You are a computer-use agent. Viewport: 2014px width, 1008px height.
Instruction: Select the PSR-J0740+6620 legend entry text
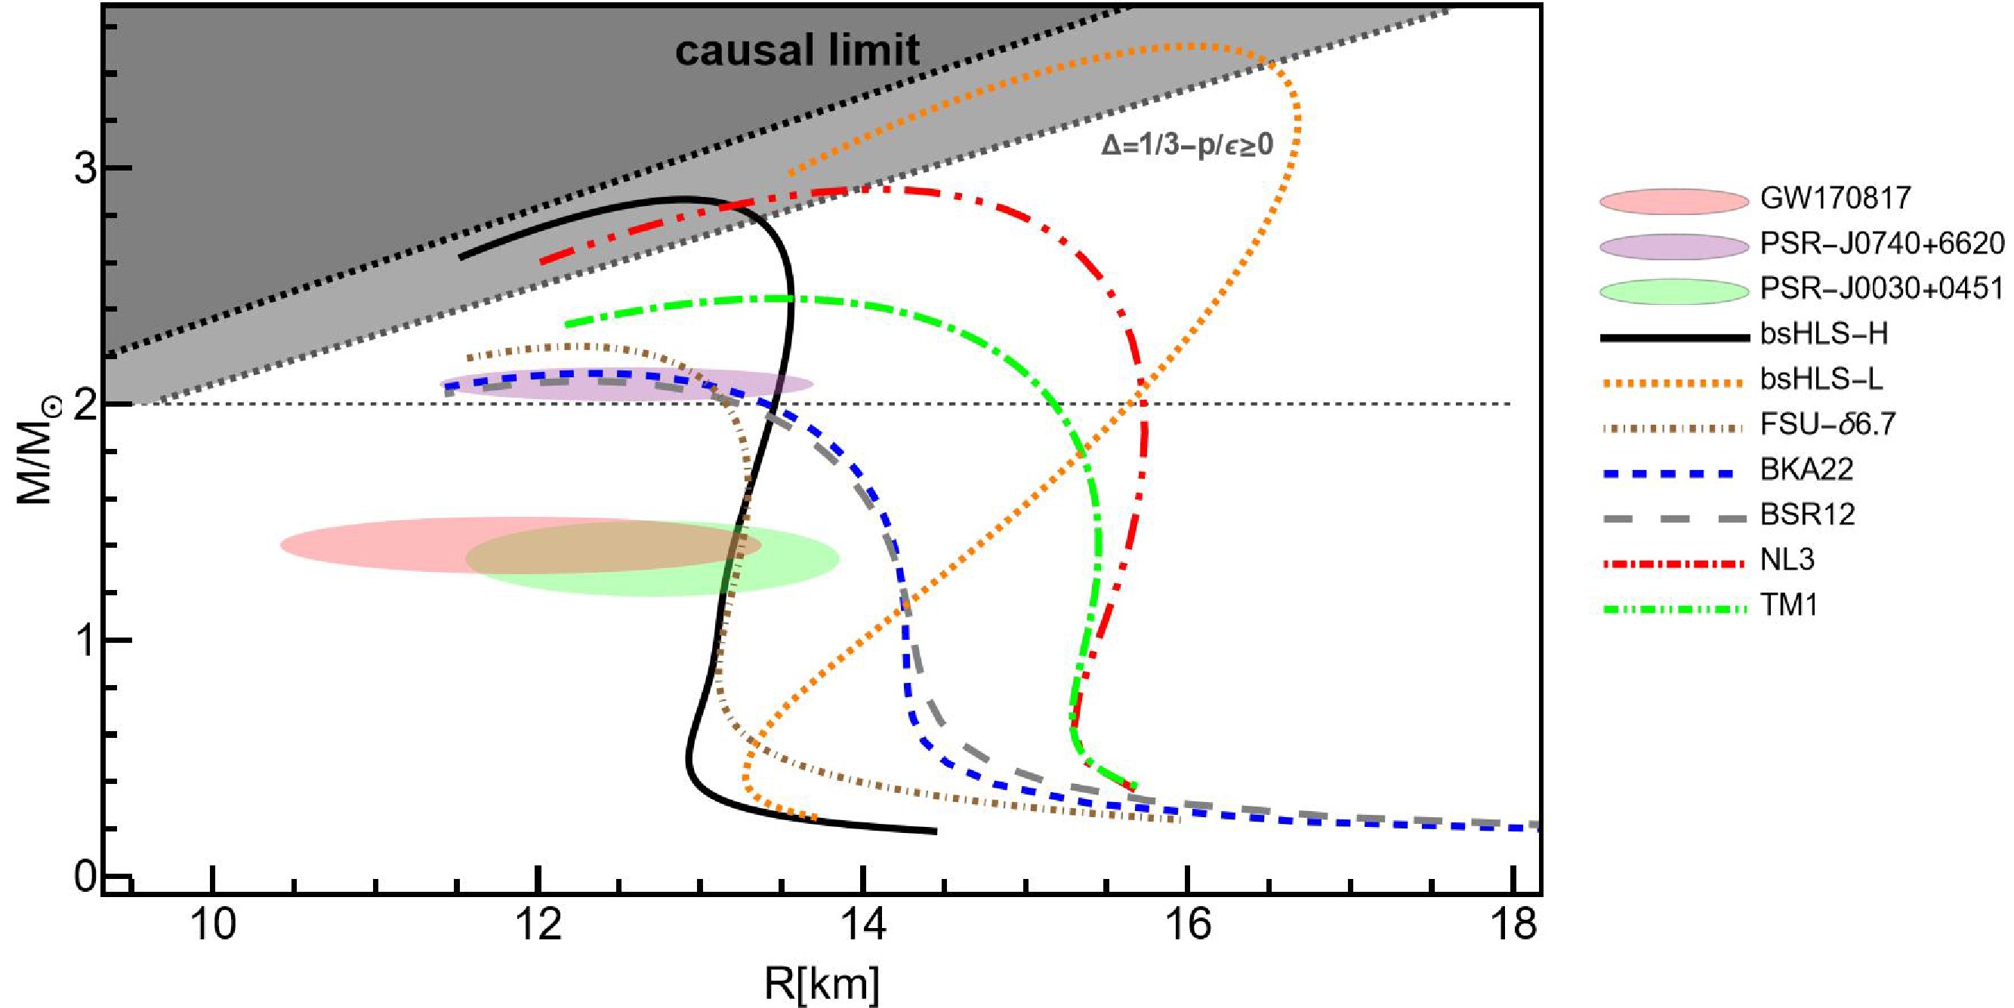[x=1881, y=244]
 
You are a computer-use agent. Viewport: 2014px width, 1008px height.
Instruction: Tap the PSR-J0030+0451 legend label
[x=1881, y=289]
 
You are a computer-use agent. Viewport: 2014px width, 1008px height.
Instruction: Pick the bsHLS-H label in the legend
[x=1823, y=334]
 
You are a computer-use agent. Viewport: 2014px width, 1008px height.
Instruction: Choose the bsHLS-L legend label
[x=1821, y=380]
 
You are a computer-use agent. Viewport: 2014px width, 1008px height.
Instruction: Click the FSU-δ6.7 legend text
[x=1828, y=424]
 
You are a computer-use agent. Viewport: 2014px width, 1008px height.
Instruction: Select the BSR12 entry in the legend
[x=1807, y=515]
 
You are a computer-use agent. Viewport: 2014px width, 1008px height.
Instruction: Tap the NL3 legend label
[x=1787, y=561]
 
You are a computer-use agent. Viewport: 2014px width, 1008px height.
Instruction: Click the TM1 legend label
[x=1788, y=606]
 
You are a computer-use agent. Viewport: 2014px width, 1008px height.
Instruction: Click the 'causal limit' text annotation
[x=797, y=51]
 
